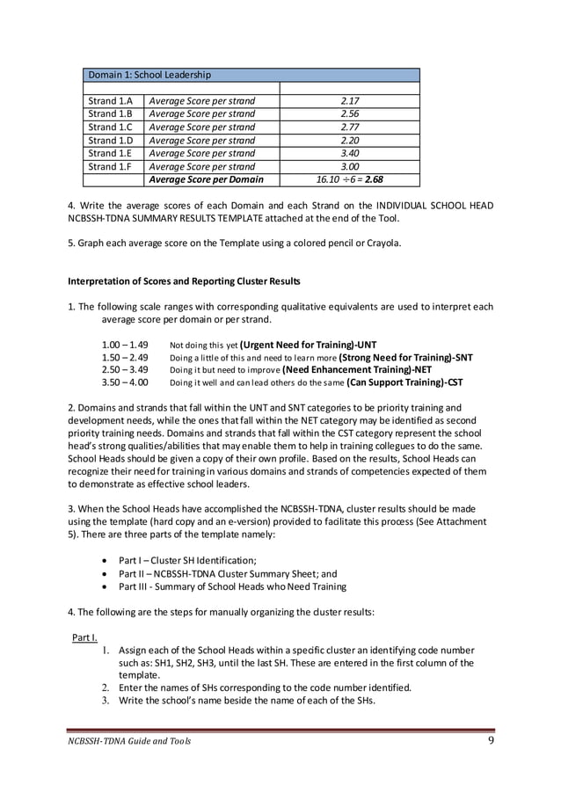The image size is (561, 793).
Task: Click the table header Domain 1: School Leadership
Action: coord(149,75)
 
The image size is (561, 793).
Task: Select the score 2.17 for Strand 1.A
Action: coord(349,101)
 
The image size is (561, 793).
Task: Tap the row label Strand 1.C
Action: coord(111,127)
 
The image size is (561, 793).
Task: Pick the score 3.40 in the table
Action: coord(349,153)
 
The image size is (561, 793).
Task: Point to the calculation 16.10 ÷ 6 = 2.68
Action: coord(349,179)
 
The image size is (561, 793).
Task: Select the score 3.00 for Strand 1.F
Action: coord(349,166)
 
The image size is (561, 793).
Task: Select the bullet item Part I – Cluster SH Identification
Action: coord(187,560)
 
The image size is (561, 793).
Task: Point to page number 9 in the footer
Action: coord(491,740)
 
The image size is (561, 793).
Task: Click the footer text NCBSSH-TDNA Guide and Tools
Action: coord(128,741)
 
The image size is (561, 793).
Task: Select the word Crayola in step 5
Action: coord(381,243)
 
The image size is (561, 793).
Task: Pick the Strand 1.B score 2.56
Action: coord(349,114)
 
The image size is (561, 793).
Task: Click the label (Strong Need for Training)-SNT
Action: coord(405,358)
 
